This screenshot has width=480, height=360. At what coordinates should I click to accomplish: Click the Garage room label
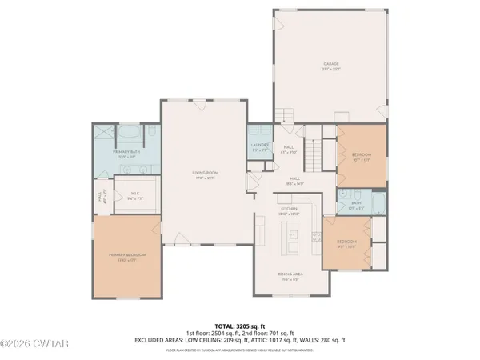tap(332, 64)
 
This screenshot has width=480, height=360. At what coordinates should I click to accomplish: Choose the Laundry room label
tap(259, 146)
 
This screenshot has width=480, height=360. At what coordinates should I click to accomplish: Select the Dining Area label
tap(289, 277)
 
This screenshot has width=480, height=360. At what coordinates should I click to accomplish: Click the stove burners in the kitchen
tap(316, 237)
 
